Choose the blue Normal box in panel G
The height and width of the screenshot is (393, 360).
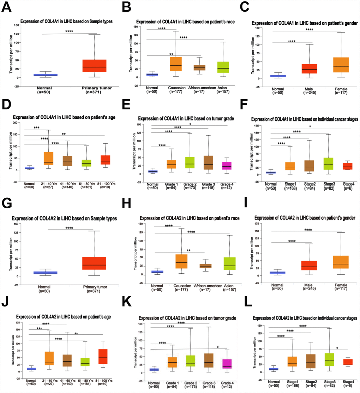43,273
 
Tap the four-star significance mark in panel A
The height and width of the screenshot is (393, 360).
69,31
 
